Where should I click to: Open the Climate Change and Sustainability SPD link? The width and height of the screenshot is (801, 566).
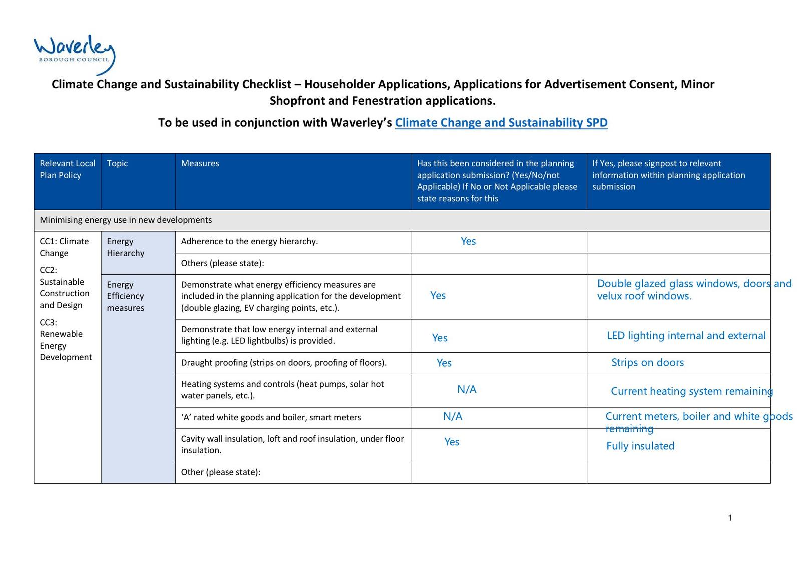pos(501,123)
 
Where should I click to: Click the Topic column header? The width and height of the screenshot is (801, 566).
pos(117,163)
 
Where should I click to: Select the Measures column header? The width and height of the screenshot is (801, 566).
pos(200,163)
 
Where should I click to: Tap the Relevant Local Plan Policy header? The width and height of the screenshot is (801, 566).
pos(67,169)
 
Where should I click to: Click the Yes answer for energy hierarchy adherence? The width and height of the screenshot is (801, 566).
pos(468,241)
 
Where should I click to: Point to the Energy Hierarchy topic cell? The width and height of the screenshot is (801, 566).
pos(125,247)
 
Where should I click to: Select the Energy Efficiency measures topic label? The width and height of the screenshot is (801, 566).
pos(125,296)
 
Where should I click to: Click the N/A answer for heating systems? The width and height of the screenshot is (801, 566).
pos(467,389)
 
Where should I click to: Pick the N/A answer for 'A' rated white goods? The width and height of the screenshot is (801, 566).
pos(453,416)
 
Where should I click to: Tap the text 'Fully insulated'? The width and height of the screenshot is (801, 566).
pos(640,446)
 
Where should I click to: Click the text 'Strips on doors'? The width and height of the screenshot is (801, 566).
pos(647,363)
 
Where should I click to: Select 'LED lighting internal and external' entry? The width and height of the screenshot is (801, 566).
pos(686,336)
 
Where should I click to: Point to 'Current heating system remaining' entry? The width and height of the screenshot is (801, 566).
pos(691,391)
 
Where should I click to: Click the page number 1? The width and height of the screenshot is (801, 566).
pos(730,518)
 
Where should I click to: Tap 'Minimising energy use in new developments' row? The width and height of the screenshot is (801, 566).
pos(126,220)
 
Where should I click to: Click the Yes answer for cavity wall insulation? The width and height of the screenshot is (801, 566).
pos(452,442)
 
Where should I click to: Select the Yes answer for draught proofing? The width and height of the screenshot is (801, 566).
pos(444,363)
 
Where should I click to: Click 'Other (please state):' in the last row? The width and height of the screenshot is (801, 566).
pos(221,472)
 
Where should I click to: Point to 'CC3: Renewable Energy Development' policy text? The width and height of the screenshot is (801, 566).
pos(66,340)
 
